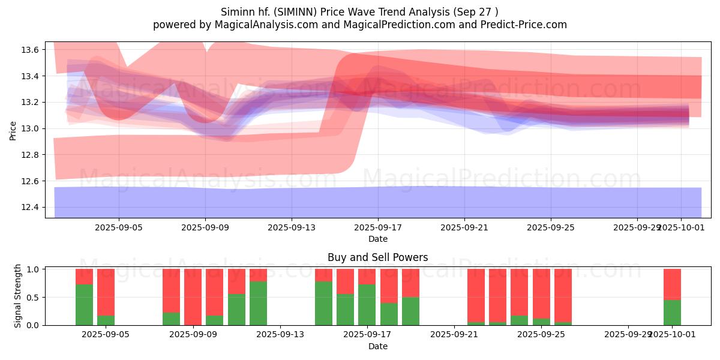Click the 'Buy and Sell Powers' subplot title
pos(377,257)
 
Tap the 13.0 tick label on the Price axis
pos(31,128)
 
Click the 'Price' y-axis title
pos(13,130)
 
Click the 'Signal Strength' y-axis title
pos(18,296)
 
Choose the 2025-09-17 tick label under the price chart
pos(378,228)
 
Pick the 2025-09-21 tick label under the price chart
pos(464,228)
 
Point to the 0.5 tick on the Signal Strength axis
pos(34,298)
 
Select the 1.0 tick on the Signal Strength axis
pos(34,269)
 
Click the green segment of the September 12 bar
pos(258,303)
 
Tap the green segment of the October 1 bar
pos(672,313)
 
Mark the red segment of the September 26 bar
pos(563,295)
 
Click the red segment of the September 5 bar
pos(106,292)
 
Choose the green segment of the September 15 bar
pos(323,303)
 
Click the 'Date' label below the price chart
pos(378,239)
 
